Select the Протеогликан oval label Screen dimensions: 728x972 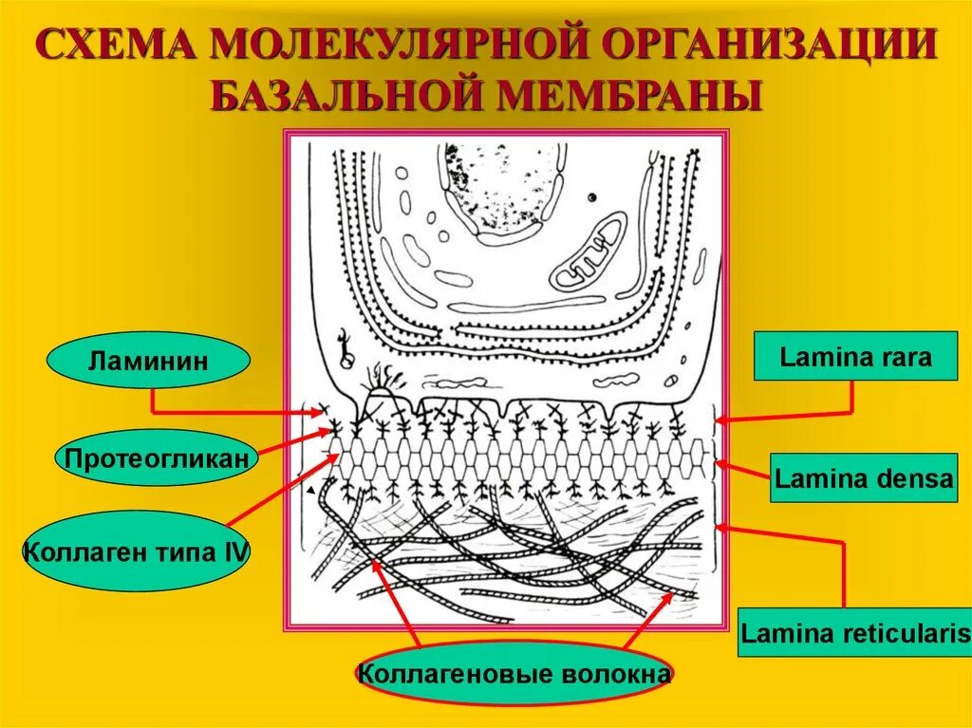159,458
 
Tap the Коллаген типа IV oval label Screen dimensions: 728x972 136,551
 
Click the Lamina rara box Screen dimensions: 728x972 855,357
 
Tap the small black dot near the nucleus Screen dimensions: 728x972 591,197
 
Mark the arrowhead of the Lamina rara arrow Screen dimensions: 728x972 719,419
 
